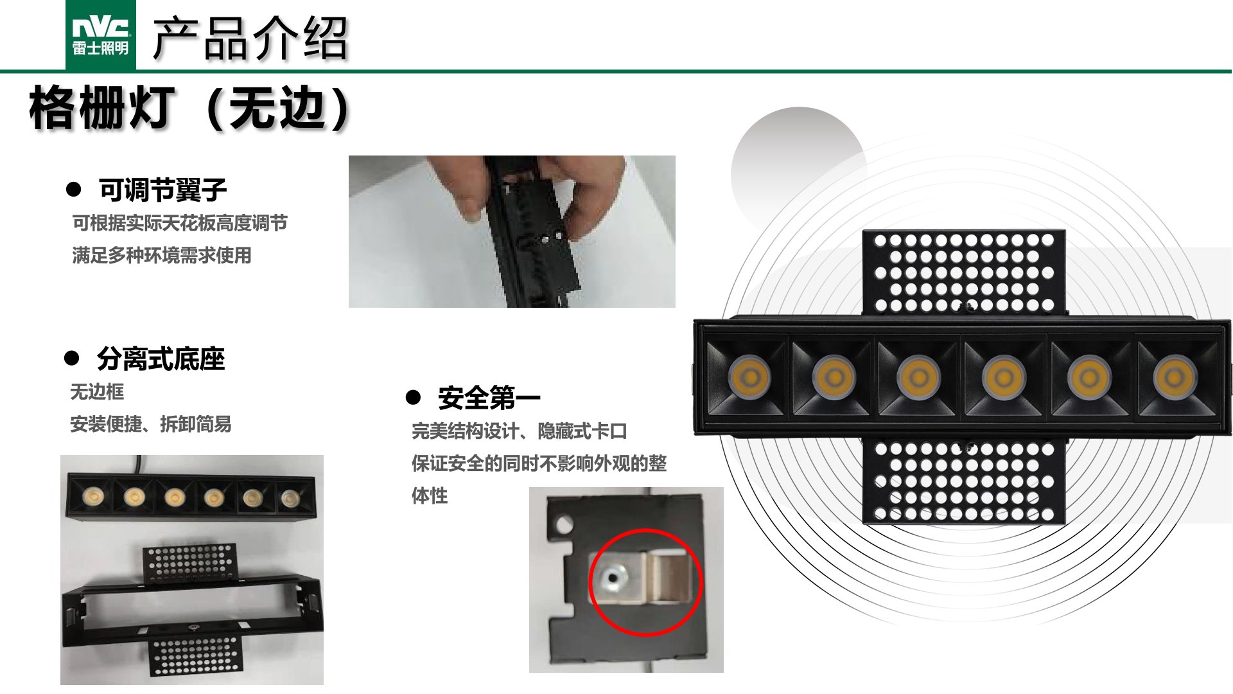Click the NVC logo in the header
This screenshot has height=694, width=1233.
pos(101,35)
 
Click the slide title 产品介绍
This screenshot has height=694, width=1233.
pos(250,39)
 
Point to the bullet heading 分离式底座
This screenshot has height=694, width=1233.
pos(161,359)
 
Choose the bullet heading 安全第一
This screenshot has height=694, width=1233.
pos(489,398)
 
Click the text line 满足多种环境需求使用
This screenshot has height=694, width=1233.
pos(162,255)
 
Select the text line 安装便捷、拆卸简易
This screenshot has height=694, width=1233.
pos(151,424)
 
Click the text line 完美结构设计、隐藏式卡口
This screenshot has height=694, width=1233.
pos(520,431)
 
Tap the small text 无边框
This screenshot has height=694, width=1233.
pos(97,391)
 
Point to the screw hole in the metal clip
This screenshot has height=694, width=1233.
pos(613,578)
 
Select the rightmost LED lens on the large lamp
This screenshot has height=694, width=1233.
pos(1175,377)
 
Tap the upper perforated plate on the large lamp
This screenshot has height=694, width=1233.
pos(964,272)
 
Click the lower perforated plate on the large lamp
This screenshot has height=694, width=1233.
pos(964,480)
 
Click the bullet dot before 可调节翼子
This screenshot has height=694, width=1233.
pos(74,190)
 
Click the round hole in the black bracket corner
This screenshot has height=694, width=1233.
pos(564,524)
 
